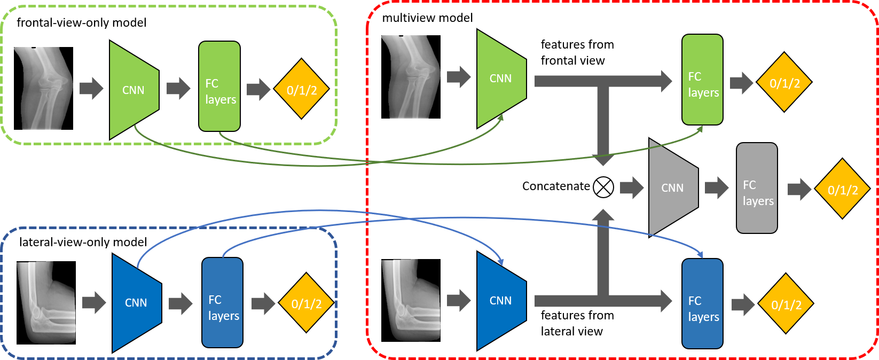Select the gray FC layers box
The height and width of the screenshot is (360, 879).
tap(757, 188)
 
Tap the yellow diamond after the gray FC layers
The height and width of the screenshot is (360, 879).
tap(842, 189)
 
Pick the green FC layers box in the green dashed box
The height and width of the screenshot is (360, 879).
tap(219, 87)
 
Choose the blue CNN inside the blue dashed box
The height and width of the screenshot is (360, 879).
tap(136, 303)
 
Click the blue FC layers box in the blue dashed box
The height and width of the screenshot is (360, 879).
tap(222, 303)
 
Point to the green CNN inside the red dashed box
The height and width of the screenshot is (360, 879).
tap(501, 79)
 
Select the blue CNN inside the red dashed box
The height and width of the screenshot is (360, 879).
tap(501, 301)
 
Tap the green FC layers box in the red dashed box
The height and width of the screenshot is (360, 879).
tap(702, 80)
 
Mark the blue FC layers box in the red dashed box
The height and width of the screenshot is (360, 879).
tap(702, 303)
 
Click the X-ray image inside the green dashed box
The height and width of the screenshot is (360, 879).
tap(44, 88)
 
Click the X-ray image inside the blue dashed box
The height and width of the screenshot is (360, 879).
tap(46, 302)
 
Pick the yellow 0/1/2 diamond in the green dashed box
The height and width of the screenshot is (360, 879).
tap(302, 89)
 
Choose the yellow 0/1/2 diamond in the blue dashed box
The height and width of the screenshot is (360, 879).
tap(307, 303)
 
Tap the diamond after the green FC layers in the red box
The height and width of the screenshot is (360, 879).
tap(784, 82)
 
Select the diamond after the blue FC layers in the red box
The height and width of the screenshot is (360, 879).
tap(786, 304)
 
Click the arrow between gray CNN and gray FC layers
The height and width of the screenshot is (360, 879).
tap(717, 187)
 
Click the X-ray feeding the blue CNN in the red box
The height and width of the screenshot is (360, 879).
tap(411, 300)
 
